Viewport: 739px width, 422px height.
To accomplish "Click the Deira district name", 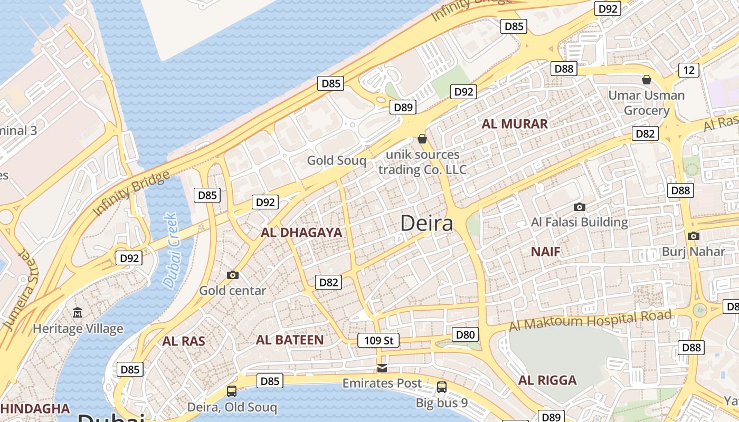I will point(427,223).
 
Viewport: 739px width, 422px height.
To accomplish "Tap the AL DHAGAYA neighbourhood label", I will point(301,233).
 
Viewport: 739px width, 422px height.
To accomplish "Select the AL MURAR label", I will point(515,124).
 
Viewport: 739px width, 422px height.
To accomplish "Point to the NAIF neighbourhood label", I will point(545,252).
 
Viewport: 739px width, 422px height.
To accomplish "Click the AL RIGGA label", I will point(547,380).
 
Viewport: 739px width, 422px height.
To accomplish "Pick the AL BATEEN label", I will point(290,340).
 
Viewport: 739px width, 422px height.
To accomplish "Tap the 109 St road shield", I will point(378,340).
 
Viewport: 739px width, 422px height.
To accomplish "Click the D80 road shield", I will point(465,334).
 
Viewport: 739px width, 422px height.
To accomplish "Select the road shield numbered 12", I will point(688,70).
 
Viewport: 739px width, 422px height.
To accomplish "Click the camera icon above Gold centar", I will point(232,275).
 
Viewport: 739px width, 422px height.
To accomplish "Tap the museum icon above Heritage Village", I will point(78,313).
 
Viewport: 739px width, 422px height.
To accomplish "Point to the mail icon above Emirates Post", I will point(382,368).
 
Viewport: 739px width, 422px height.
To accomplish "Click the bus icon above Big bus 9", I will point(442,387).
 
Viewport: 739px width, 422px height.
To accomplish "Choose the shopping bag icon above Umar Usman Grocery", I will point(646,80).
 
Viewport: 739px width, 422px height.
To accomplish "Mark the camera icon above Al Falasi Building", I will point(580,207).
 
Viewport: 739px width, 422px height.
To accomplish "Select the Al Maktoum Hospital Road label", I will point(591,321).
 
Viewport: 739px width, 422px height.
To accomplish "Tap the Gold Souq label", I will point(336,160).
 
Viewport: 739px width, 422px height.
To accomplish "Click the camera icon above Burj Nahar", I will point(693,236).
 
